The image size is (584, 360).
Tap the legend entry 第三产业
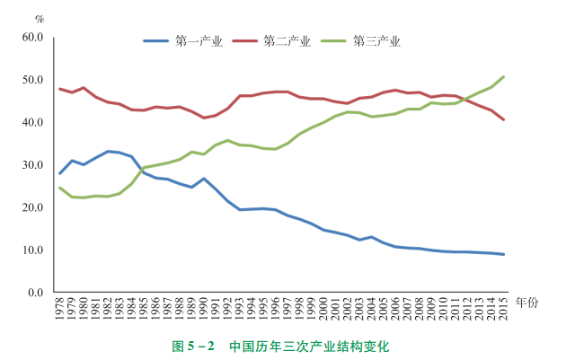pos(376,41)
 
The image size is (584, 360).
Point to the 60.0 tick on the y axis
pos(33,37)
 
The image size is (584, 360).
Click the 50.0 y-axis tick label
pos(33,80)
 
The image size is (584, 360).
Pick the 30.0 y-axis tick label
pos(33,165)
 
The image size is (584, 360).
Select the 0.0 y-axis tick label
pos(36,293)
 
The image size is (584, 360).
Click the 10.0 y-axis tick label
pos(33,250)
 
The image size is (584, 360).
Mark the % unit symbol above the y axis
pos(40,19)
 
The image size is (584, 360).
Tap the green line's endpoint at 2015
pos(503,76)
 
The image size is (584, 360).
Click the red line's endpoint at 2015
pos(503,119)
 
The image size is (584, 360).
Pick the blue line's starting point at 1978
pos(60,173)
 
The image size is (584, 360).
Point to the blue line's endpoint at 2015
pos(503,254)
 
